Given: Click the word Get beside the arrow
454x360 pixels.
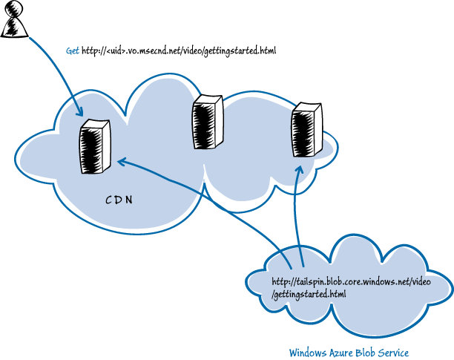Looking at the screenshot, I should click(x=73, y=51).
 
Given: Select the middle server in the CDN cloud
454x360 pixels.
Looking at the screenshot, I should click(x=207, y=122).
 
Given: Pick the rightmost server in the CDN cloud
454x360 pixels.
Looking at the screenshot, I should click(x=306, y=131).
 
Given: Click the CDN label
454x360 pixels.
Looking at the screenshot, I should click(x=119, y=200).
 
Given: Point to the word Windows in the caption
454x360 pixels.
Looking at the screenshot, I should click(x=306, y=352).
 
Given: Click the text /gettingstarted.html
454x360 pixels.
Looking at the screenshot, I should click(x=309, y=295).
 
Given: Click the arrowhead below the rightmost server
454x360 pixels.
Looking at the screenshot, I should click(x=300, y=168).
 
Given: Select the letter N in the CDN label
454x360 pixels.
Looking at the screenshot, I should click(x=129, y=200).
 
